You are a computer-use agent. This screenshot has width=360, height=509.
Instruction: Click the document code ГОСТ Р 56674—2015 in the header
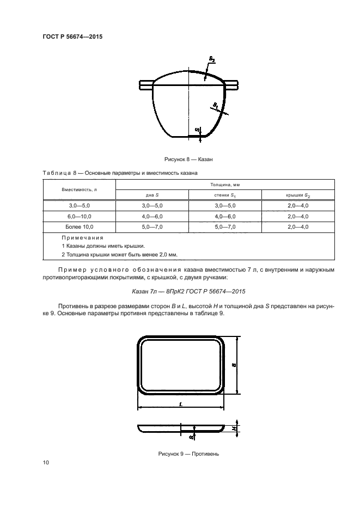tap(72, 37)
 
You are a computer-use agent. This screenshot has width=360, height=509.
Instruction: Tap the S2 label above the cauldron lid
tap(212, 59)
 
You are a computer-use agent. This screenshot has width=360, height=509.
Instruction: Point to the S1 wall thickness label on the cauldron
tap(216, 103)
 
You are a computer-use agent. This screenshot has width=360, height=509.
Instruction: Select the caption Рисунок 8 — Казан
tap(188, 160)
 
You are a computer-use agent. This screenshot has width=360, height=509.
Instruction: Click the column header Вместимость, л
tap(79, 189)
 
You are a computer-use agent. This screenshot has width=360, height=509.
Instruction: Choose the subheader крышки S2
tap(298, 195)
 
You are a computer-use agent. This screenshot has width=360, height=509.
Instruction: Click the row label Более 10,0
tap(79, 226)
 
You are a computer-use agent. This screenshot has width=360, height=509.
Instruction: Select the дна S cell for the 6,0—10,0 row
tap(152, 216)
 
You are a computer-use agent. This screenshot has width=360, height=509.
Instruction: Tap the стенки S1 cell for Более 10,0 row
tap(225, 226)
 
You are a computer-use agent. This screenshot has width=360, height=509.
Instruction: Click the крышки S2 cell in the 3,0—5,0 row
tap(298, 206)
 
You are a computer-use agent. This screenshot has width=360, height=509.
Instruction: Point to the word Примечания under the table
tap(82, 238)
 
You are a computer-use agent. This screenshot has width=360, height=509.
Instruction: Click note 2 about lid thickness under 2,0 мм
tap(119, 254)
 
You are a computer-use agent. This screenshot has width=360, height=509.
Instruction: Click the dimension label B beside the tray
tap(234, 365)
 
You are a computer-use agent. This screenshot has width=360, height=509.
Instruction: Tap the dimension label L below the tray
tap(180, 404)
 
